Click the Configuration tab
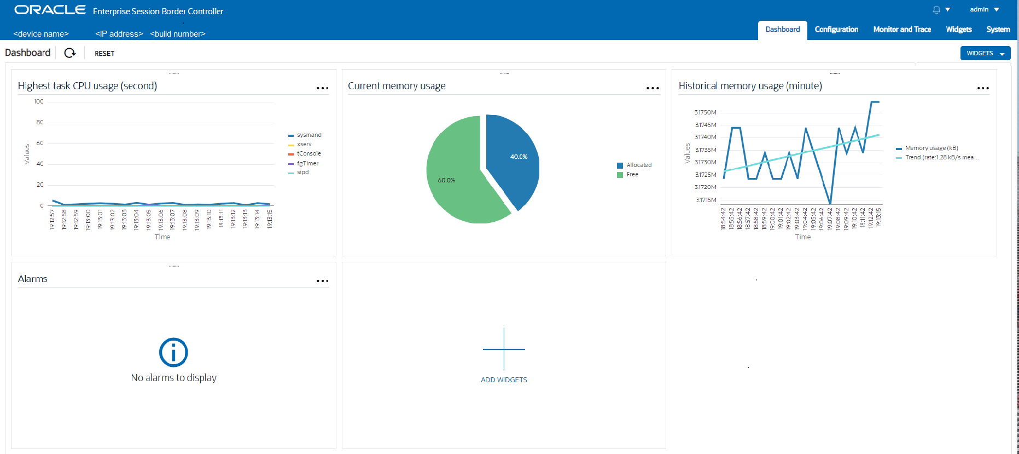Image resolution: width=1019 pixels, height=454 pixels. point(836,30)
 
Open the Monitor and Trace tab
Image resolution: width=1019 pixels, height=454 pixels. point(902,30)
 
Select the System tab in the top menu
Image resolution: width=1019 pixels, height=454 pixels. point(998,30)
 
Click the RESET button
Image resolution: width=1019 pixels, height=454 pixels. point(104,54)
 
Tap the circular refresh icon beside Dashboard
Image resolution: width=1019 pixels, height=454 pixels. point(70,53)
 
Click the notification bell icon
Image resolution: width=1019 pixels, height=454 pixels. point(936,10)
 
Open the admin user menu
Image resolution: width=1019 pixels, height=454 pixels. point(984,9)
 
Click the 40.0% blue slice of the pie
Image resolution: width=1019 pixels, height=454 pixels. point(514,159)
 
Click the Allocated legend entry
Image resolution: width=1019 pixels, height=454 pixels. point(638,165)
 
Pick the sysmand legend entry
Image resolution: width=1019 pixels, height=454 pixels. point(308,135)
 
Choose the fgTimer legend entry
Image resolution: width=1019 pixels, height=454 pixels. point(307,163)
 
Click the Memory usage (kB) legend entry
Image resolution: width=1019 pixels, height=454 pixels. point(931,148)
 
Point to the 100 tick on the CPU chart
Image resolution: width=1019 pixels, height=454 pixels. point(39,101)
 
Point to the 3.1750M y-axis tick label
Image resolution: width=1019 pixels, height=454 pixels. point(705,112)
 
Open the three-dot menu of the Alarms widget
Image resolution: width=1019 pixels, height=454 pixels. point(322,281)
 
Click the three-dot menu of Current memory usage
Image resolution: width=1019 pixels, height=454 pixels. point(653,88)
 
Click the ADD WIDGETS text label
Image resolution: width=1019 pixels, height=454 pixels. point(504,380)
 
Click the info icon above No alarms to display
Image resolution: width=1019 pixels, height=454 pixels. point(173,352)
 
